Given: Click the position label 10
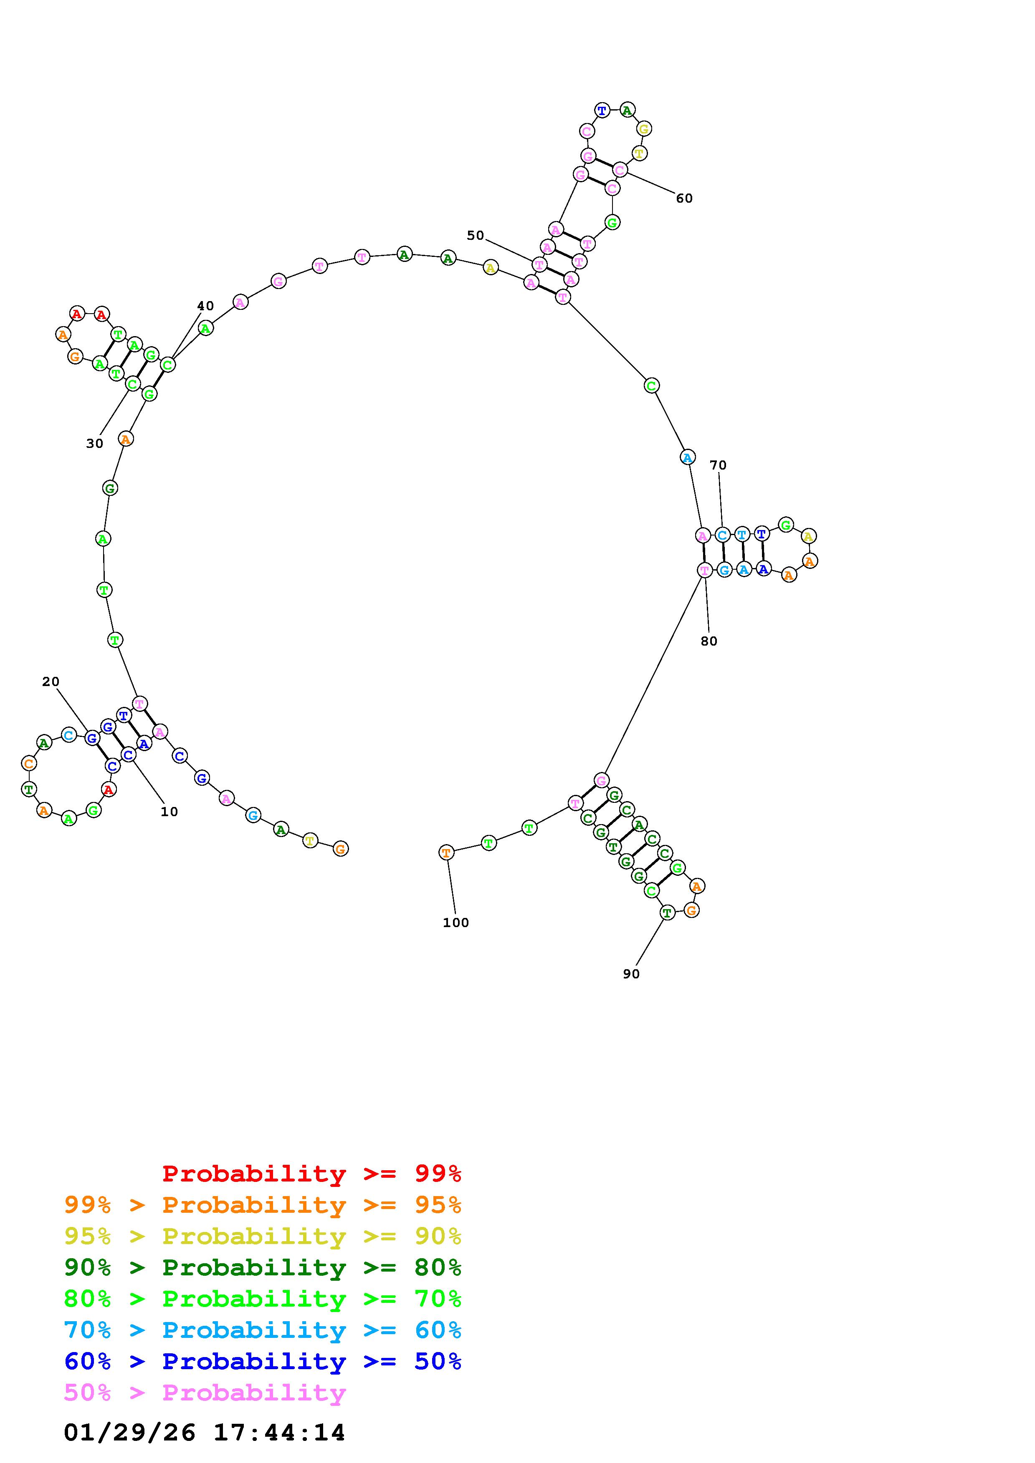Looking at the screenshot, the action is pos(169,812).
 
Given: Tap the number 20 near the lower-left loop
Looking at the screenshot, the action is pos(51,682).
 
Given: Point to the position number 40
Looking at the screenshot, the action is pos(205,306).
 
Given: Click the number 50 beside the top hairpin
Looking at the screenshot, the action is pos(475,236).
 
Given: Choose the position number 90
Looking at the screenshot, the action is pos(631,974).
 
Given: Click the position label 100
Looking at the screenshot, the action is pos(456,923).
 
